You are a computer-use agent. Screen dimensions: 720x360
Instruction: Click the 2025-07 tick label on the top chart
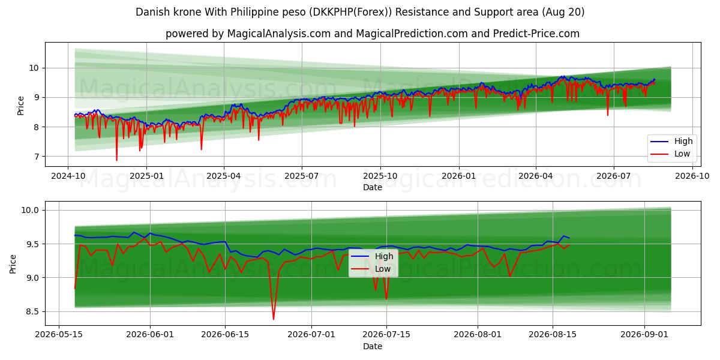tap(301, 176)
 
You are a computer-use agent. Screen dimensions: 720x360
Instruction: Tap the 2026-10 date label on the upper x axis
tap(692, 176)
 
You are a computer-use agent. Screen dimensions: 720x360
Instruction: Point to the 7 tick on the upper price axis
tap(35, 157)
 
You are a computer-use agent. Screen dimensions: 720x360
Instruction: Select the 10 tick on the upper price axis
tap(34, 68)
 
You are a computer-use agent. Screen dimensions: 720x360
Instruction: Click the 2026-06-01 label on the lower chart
tap(150, 335)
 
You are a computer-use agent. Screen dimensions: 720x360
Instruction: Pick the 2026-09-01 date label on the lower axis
tap(644, 335)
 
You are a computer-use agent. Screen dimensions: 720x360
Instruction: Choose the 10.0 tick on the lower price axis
tap(30, 210)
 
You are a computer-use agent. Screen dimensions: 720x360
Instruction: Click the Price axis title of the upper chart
tap(20, 106)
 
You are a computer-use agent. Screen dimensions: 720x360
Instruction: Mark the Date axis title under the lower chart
tap(373, 347)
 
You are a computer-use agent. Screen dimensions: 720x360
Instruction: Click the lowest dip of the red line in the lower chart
tap(274, 319)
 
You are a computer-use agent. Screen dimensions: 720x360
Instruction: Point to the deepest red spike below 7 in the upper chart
tap(116, 160)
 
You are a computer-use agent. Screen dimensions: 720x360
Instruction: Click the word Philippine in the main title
tap(251, 12)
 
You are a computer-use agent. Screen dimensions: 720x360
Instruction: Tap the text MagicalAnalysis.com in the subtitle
tap(279, 34)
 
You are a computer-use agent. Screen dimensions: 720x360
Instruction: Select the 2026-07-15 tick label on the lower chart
tap(386, 335)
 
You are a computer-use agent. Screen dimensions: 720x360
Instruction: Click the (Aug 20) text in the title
tap(563, 12)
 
